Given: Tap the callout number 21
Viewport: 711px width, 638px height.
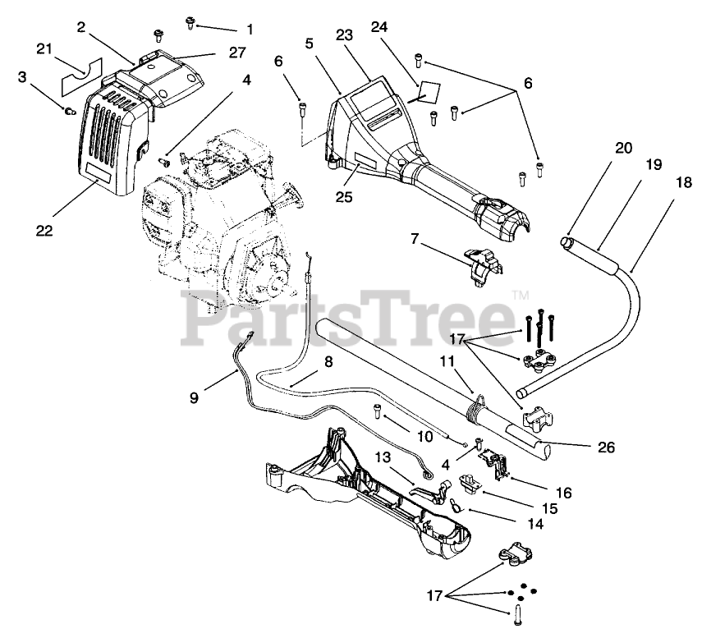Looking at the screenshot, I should pos(46,49).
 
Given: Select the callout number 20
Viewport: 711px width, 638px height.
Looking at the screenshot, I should pos(624,148).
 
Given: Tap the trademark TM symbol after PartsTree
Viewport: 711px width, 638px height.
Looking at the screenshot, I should pos(520,294).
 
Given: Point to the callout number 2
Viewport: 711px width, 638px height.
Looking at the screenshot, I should pos(81,27).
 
